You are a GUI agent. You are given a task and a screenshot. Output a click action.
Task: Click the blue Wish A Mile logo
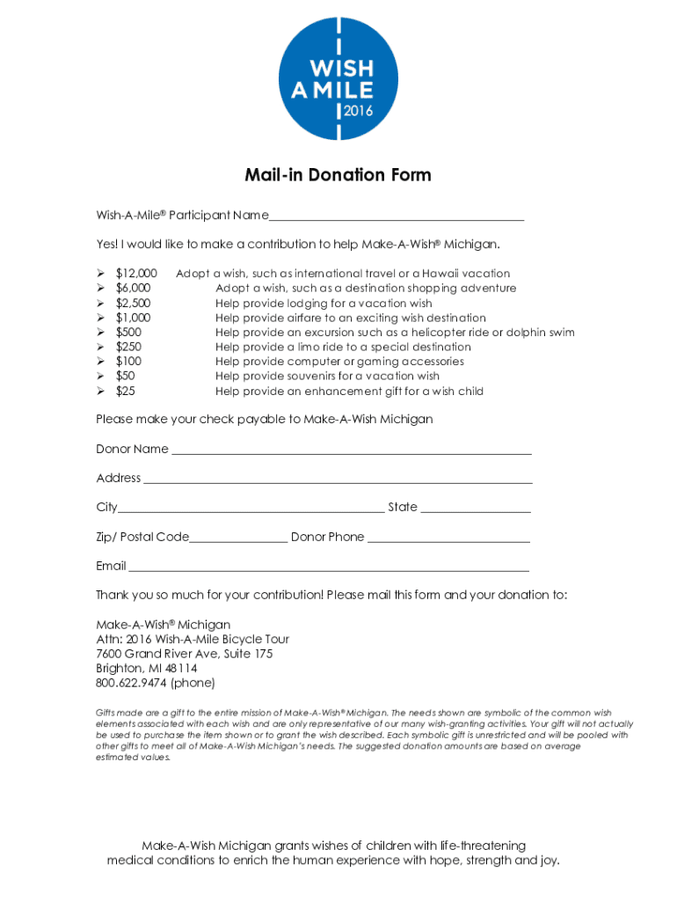[338, 79]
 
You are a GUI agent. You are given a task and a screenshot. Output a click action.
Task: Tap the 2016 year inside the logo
[358, 111]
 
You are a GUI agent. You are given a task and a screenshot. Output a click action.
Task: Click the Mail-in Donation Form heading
[338, 175]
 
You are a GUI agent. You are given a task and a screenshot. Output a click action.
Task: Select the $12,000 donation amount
[136, 274]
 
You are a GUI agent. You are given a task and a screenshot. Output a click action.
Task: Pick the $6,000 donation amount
[133, 289]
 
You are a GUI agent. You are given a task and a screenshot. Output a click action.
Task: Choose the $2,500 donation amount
[133, 304]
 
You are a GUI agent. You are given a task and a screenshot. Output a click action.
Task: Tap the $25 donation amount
[126, 392]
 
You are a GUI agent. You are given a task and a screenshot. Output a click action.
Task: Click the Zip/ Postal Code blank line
[238, 539]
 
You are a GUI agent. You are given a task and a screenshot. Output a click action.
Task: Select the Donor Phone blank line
[448, 539]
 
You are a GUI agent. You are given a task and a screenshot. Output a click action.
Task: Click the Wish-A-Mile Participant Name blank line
[397, 218]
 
